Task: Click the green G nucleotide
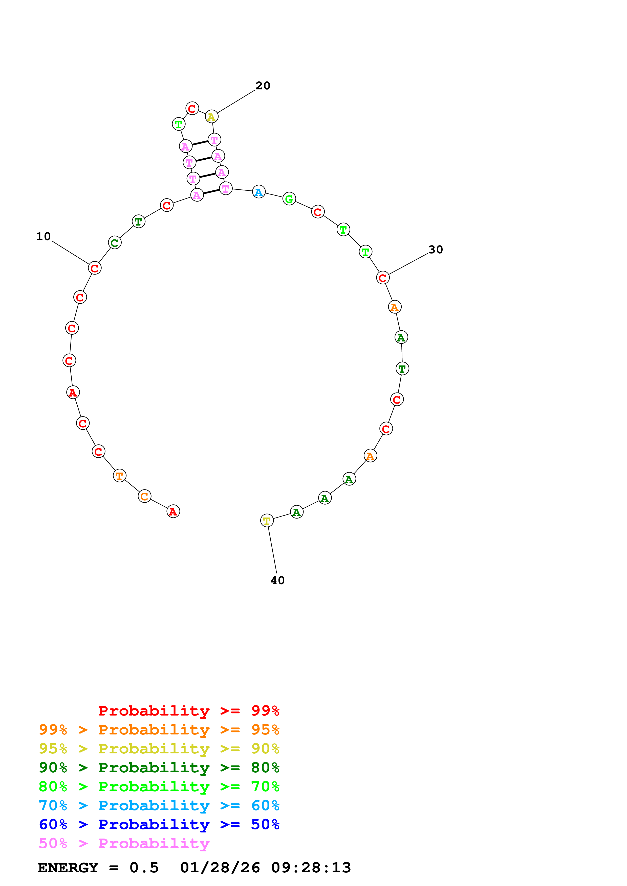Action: pos(289,199)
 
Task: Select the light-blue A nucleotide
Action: pos(259,192)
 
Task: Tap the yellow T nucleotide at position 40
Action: pos(267,521)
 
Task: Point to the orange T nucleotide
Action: pos(120,476)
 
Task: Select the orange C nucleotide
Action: pos(144,496)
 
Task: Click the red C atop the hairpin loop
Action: pos(192,108)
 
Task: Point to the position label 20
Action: pos(263,86)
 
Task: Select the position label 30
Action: pos(435,250)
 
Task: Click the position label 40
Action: pos(277,581)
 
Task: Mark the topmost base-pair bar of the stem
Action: pos(200,143)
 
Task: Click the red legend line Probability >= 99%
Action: pos(188,710)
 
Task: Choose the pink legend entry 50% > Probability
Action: pos(124,843)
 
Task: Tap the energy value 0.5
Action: pos(144,868)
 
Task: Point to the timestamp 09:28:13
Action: pos(311,868)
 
